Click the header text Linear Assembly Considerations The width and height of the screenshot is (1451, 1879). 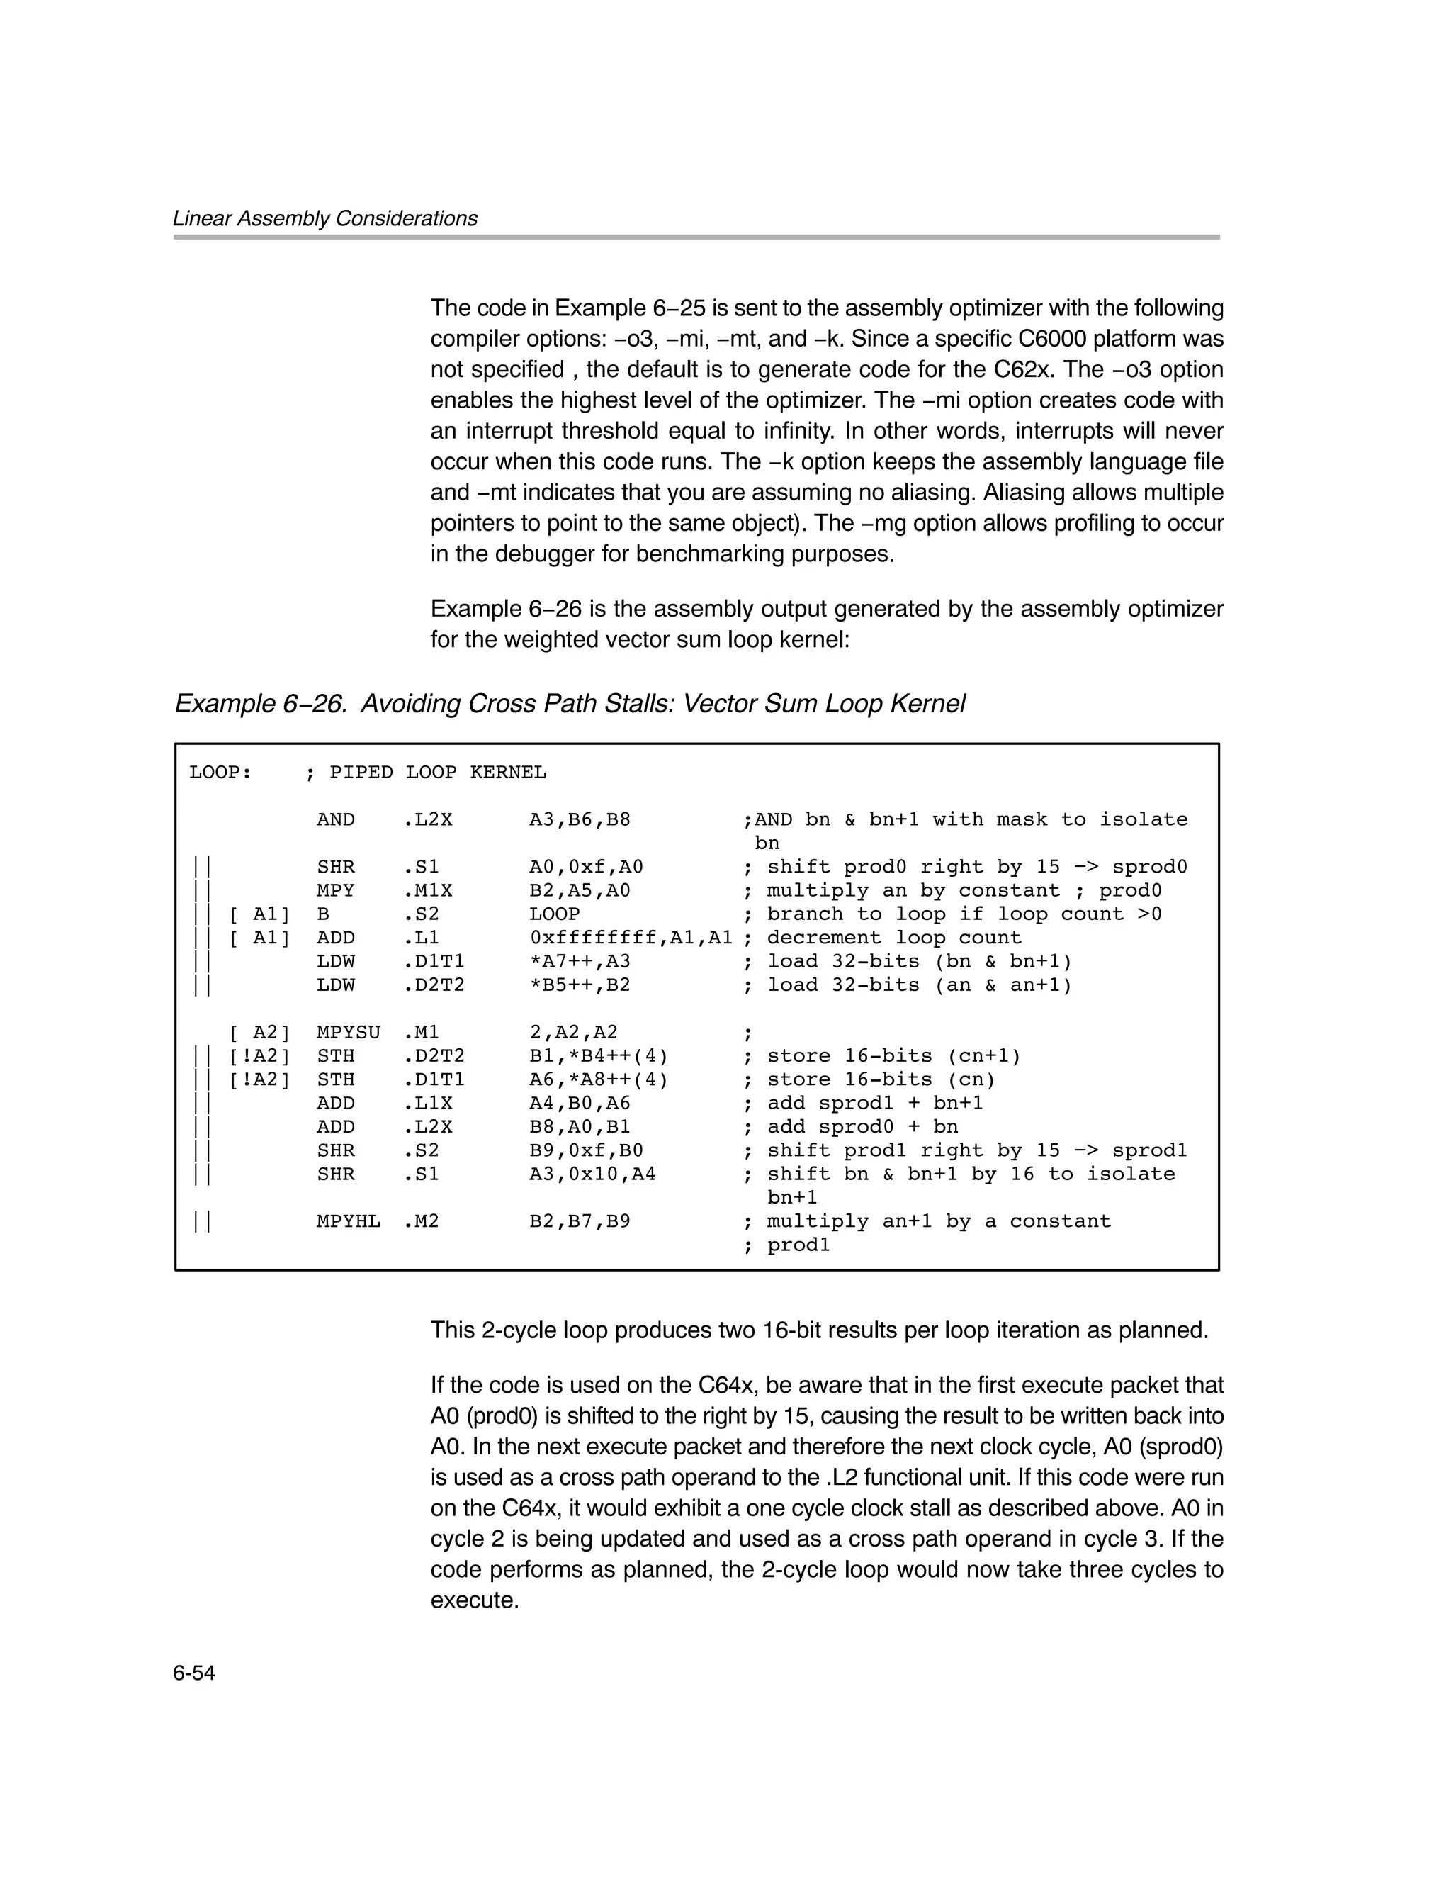tap(324, 218)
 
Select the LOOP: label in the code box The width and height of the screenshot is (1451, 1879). tap(220, 773)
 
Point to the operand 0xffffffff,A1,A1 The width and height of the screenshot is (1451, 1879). tap(631, 938)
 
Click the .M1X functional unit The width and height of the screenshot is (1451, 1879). tap(427, 890)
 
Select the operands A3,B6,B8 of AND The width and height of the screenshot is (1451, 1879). tap(579, 819)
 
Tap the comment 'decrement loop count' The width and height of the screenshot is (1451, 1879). tap(893, 938)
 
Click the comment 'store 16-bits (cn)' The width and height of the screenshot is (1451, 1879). tap(881, 1079)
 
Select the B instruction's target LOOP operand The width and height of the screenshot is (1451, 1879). tap(554, 914)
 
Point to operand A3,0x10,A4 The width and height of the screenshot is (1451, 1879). tap(592, 1174)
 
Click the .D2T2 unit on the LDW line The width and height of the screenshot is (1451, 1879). tap(434, 985)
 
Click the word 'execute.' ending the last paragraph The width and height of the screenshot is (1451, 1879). tap(474, 1600)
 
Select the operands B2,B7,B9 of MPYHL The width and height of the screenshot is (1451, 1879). tap(579, 1221)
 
